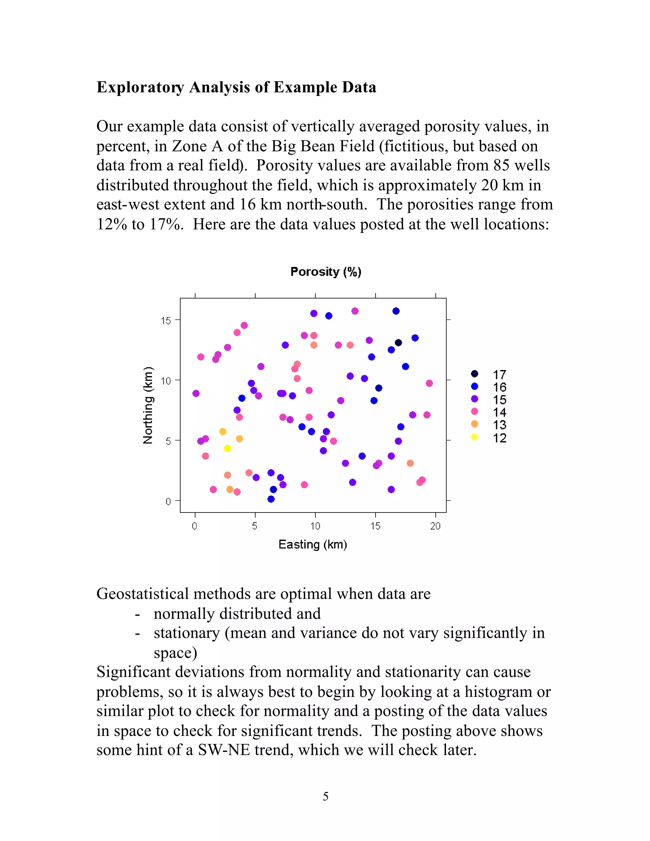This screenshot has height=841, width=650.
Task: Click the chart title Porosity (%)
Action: tap(326, 272)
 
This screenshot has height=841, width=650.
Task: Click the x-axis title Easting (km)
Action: tap(313, 545)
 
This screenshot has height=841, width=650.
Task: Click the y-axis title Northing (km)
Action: tap(148, 406)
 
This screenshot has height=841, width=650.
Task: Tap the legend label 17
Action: tap(500, 374)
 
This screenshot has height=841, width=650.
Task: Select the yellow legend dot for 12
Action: tap(474, 437)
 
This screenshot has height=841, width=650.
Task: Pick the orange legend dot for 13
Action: tap(474, 424)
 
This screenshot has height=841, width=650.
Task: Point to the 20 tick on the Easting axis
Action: tap(435, 526)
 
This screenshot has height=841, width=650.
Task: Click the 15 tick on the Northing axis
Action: tap(166, 321)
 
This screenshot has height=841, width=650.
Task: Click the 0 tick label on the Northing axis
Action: tap(168, 501)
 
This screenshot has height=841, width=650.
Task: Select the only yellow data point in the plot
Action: tap(228, 448)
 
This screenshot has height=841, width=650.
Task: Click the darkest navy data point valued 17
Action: tap(399, 343)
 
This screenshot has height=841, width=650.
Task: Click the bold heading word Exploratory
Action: tap(140, 87)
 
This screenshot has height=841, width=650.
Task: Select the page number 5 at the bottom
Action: tap(325, 796)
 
